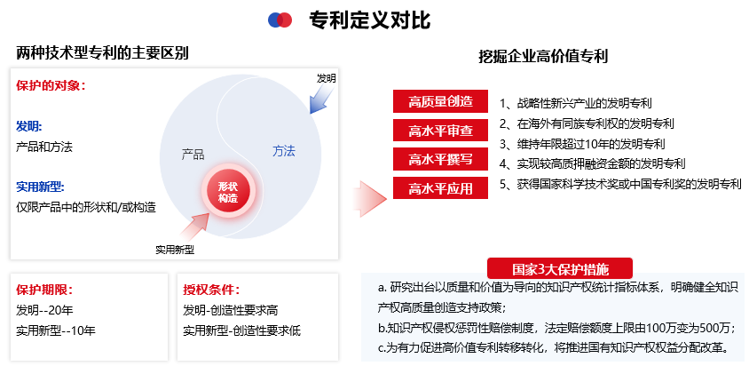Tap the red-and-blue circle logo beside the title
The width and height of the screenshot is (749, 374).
pyautogui.click(x=280, y=20)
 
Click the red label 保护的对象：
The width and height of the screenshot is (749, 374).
pyautogui.click(x=51, y=86)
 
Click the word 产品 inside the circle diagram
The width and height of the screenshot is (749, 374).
pyautogui.click(x=193, y=153)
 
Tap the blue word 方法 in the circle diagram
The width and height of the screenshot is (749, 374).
pyautogui.click(x=284, y=151)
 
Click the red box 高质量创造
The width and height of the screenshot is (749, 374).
pyautogui.click(x=440, y=101)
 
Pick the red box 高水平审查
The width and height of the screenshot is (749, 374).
pyautogui.click(x=440, y=131)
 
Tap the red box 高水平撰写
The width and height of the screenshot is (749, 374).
pyautogui.click(x=440, y=159)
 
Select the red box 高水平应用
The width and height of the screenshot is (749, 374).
pyautogui.click(x=440, y=188)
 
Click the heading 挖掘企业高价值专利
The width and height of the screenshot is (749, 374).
pyautogui.click(x=543, y=56)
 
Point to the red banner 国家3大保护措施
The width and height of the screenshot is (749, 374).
pyautogui.click(x=560, y=267)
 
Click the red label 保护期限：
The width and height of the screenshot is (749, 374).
pyautogui.click(x=44, y=290)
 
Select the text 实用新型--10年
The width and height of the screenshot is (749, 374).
pyautogui.click(x=55, y=330)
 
